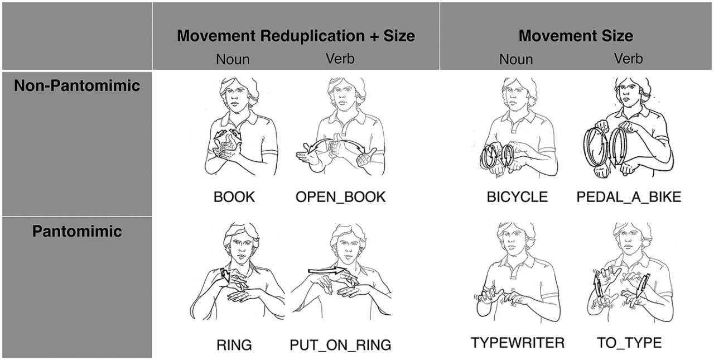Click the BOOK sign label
234,197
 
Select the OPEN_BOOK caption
340,197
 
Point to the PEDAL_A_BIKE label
628,197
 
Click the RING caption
234,345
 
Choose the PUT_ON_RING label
340,345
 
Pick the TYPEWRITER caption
518,342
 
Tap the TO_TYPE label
629,342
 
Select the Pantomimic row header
76,231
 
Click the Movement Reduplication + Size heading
296,36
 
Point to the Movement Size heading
576,36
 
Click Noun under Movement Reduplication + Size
233,59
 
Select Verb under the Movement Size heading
628,59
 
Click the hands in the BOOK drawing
225,146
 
